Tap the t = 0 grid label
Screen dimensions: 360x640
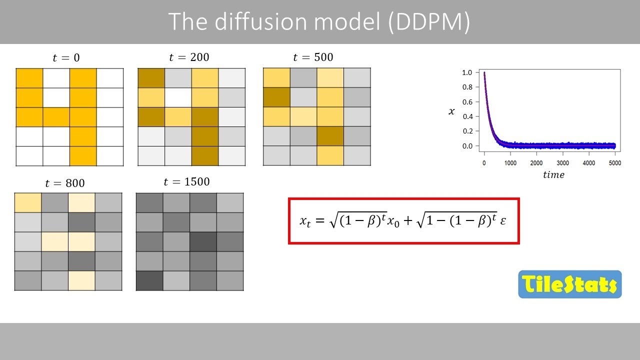(x=66, y=58)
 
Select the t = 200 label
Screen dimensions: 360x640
(x=189, y=57)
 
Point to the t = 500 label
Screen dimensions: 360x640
(x=313, y=57)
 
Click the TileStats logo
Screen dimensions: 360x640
(x=569, y=284)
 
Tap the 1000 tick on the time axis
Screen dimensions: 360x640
(x=510, y=163)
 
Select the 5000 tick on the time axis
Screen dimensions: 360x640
(x=614, y=163)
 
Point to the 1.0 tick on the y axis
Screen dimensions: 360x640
(x=467, y=73)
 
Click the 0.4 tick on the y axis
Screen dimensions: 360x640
(x=467, y=116)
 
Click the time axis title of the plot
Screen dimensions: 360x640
(x=553, y=175)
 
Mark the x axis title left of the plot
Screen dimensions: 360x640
(x=451, y=111)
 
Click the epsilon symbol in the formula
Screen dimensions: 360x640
(x=503, y=220)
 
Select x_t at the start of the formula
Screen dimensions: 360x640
(x=305, y=221)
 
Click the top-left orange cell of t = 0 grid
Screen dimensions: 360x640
(x=29, y=77)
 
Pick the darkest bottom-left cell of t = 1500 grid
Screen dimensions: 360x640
(x=149, y=280)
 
